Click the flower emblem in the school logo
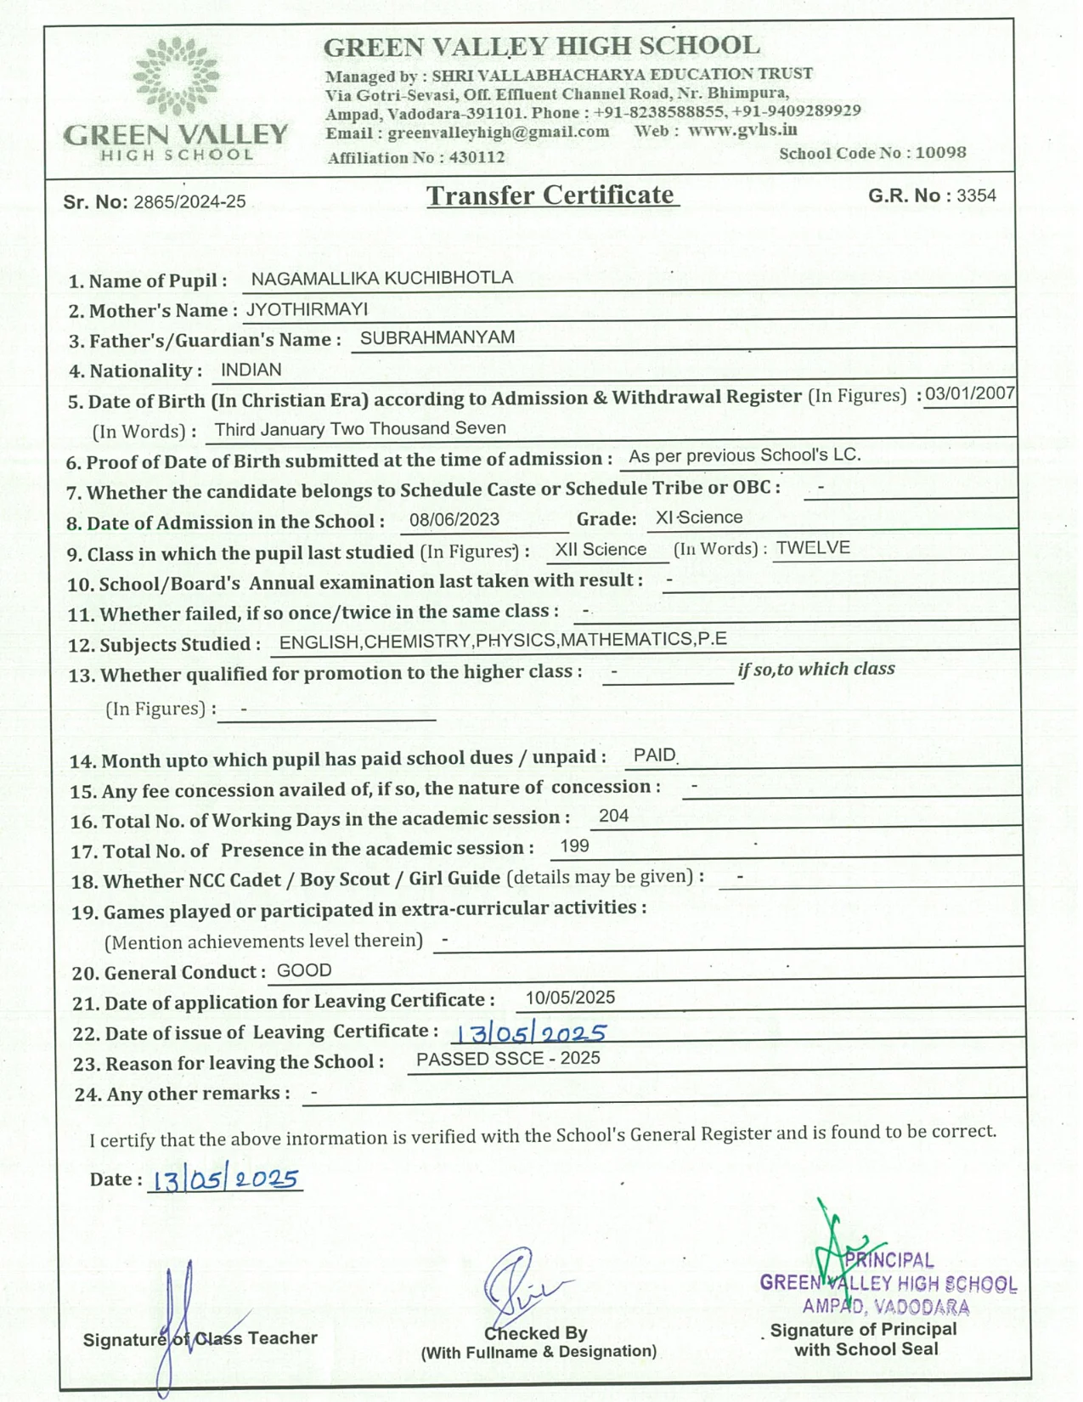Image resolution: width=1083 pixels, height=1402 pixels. [x=176, y=76]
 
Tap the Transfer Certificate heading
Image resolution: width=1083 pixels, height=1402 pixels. [x=551, y=195]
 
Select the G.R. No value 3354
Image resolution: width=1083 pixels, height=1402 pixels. [x=976, y=195]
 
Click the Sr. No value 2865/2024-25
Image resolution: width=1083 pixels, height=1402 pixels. [x=189, y=202]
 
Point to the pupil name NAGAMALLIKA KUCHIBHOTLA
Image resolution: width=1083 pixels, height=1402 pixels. [x=381, y=279]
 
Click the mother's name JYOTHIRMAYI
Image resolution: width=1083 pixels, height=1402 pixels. [x=307, y=309]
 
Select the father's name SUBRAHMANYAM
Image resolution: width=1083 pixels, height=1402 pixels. [x=437, y=338]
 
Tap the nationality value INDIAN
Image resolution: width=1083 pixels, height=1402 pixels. [x=251, y=370]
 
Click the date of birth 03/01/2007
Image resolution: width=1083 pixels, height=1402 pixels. [x=970, y=393]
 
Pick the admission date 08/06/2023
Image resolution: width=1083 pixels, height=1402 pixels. [x=454, y=520]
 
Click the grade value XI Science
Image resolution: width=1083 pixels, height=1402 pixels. [x=698, y=517]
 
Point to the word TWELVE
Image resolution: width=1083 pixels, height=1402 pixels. [x=813, y=548]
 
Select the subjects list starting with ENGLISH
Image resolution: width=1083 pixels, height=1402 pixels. [x=503, y=641]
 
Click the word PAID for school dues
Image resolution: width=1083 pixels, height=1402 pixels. [x=654, y=755]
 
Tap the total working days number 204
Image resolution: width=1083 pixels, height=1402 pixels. [x=613, y=817]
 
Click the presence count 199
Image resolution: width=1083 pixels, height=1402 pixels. [x=574, y=846]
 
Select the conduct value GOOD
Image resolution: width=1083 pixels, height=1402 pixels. [x=304, y=970]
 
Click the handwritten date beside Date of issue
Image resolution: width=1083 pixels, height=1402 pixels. [x=529, y=1033]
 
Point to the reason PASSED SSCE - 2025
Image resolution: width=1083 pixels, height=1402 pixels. [x=508, y=1059]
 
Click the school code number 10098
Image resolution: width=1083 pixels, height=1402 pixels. [x=940, y=153]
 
